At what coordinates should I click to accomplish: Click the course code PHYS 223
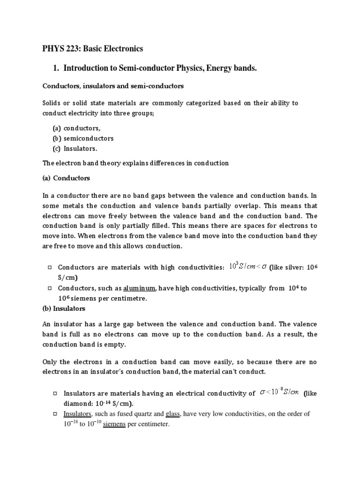click(x=59, y=49)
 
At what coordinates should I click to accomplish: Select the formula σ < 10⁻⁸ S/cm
click(x=279, y=392)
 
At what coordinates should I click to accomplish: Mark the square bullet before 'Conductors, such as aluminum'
click(x=50, y=288)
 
